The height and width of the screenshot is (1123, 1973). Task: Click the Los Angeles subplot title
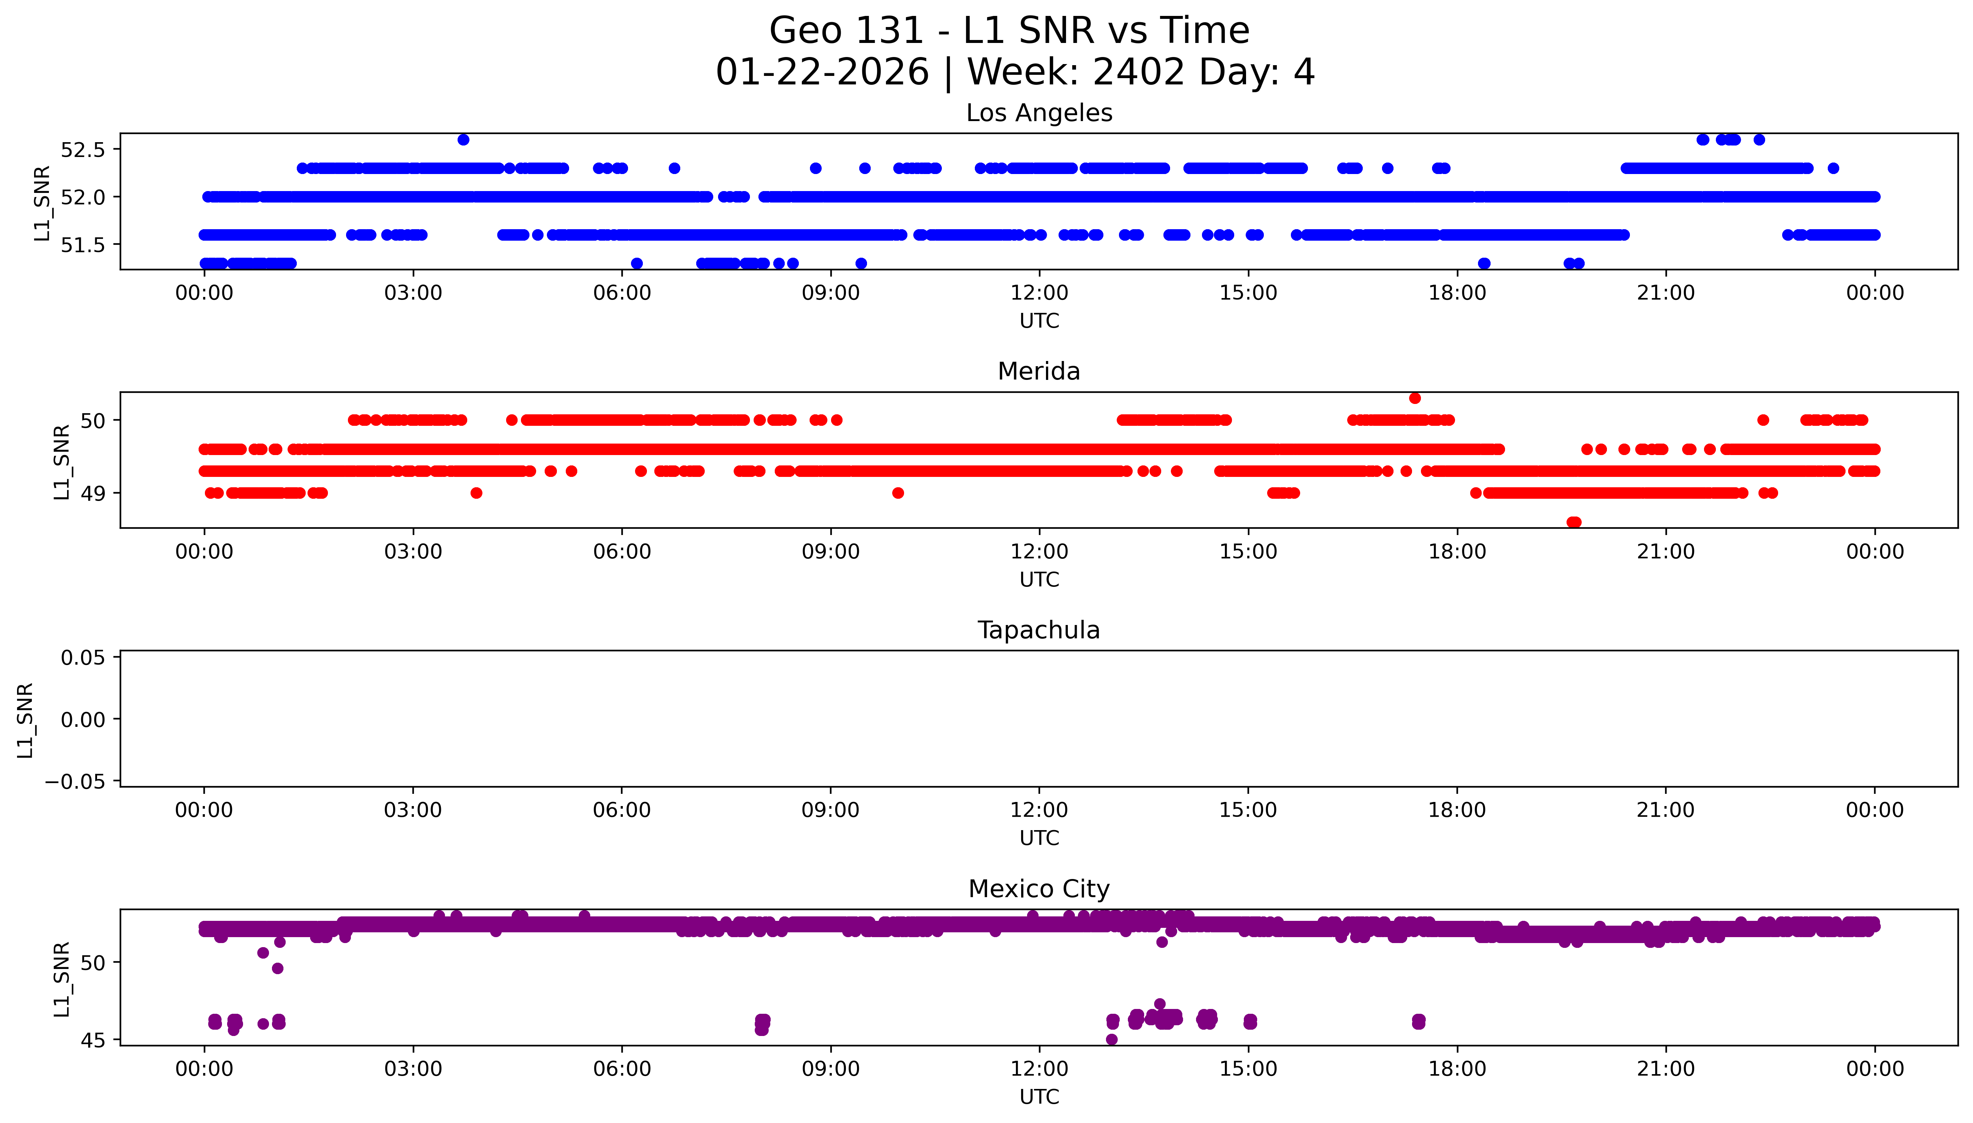pyautogui.click(x=1039, y=113)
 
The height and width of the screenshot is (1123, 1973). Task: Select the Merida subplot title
pyautogui.click(x=1039, y=372)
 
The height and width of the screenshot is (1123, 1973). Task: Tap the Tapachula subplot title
pyautogui.click(x=1039, y=630)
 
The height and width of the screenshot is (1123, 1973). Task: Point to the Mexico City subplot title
pyautogui.click(x=1039, y=889)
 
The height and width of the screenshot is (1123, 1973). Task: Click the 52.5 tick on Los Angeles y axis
pyautogui.click(x=83, y=150)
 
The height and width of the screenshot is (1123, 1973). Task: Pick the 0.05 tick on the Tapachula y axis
pyautogui.click(x=83, y=658)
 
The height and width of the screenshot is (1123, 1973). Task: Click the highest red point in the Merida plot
pyautogui.click(x=1414, y=398)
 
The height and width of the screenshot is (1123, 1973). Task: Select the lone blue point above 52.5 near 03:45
pyautogui.click(x=463, y=140)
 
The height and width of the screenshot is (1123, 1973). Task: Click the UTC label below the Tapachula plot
pyautogui.click(x=1039, y=838)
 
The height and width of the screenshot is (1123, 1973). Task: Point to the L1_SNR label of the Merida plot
pyautogui.click(x=62, y=461)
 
